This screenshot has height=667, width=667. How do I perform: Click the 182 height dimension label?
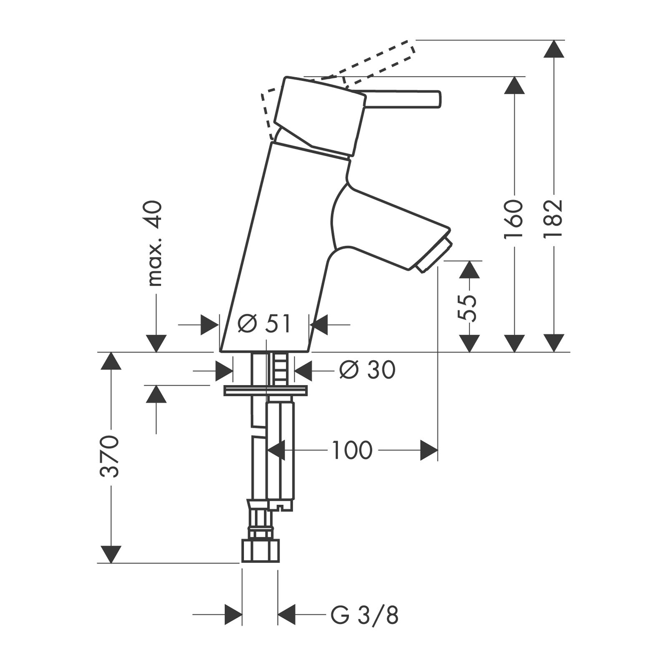[x=554, y=218]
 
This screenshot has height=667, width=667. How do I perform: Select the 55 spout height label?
[x=467, y=308]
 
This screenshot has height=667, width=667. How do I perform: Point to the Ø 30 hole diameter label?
[x=367, y=369]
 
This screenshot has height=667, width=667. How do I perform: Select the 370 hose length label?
[x=110, y=456]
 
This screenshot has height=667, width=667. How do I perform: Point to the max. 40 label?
[x=155, y=243]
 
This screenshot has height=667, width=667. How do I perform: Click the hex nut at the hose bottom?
[x=260, y=551]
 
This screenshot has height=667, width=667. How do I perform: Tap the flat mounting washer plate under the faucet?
[x=266, y=391]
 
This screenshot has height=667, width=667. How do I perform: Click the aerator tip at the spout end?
[x=434, y=256]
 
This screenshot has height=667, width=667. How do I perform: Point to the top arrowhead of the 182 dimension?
[x=554, y=49]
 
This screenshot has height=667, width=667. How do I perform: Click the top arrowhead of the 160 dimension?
[x=514, y=85]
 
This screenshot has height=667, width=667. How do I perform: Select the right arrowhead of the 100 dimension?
[x=429, y=450]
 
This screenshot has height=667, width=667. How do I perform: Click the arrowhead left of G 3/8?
[x=233, y=615]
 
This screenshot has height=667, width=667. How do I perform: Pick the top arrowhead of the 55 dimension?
[x=469, y=270]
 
